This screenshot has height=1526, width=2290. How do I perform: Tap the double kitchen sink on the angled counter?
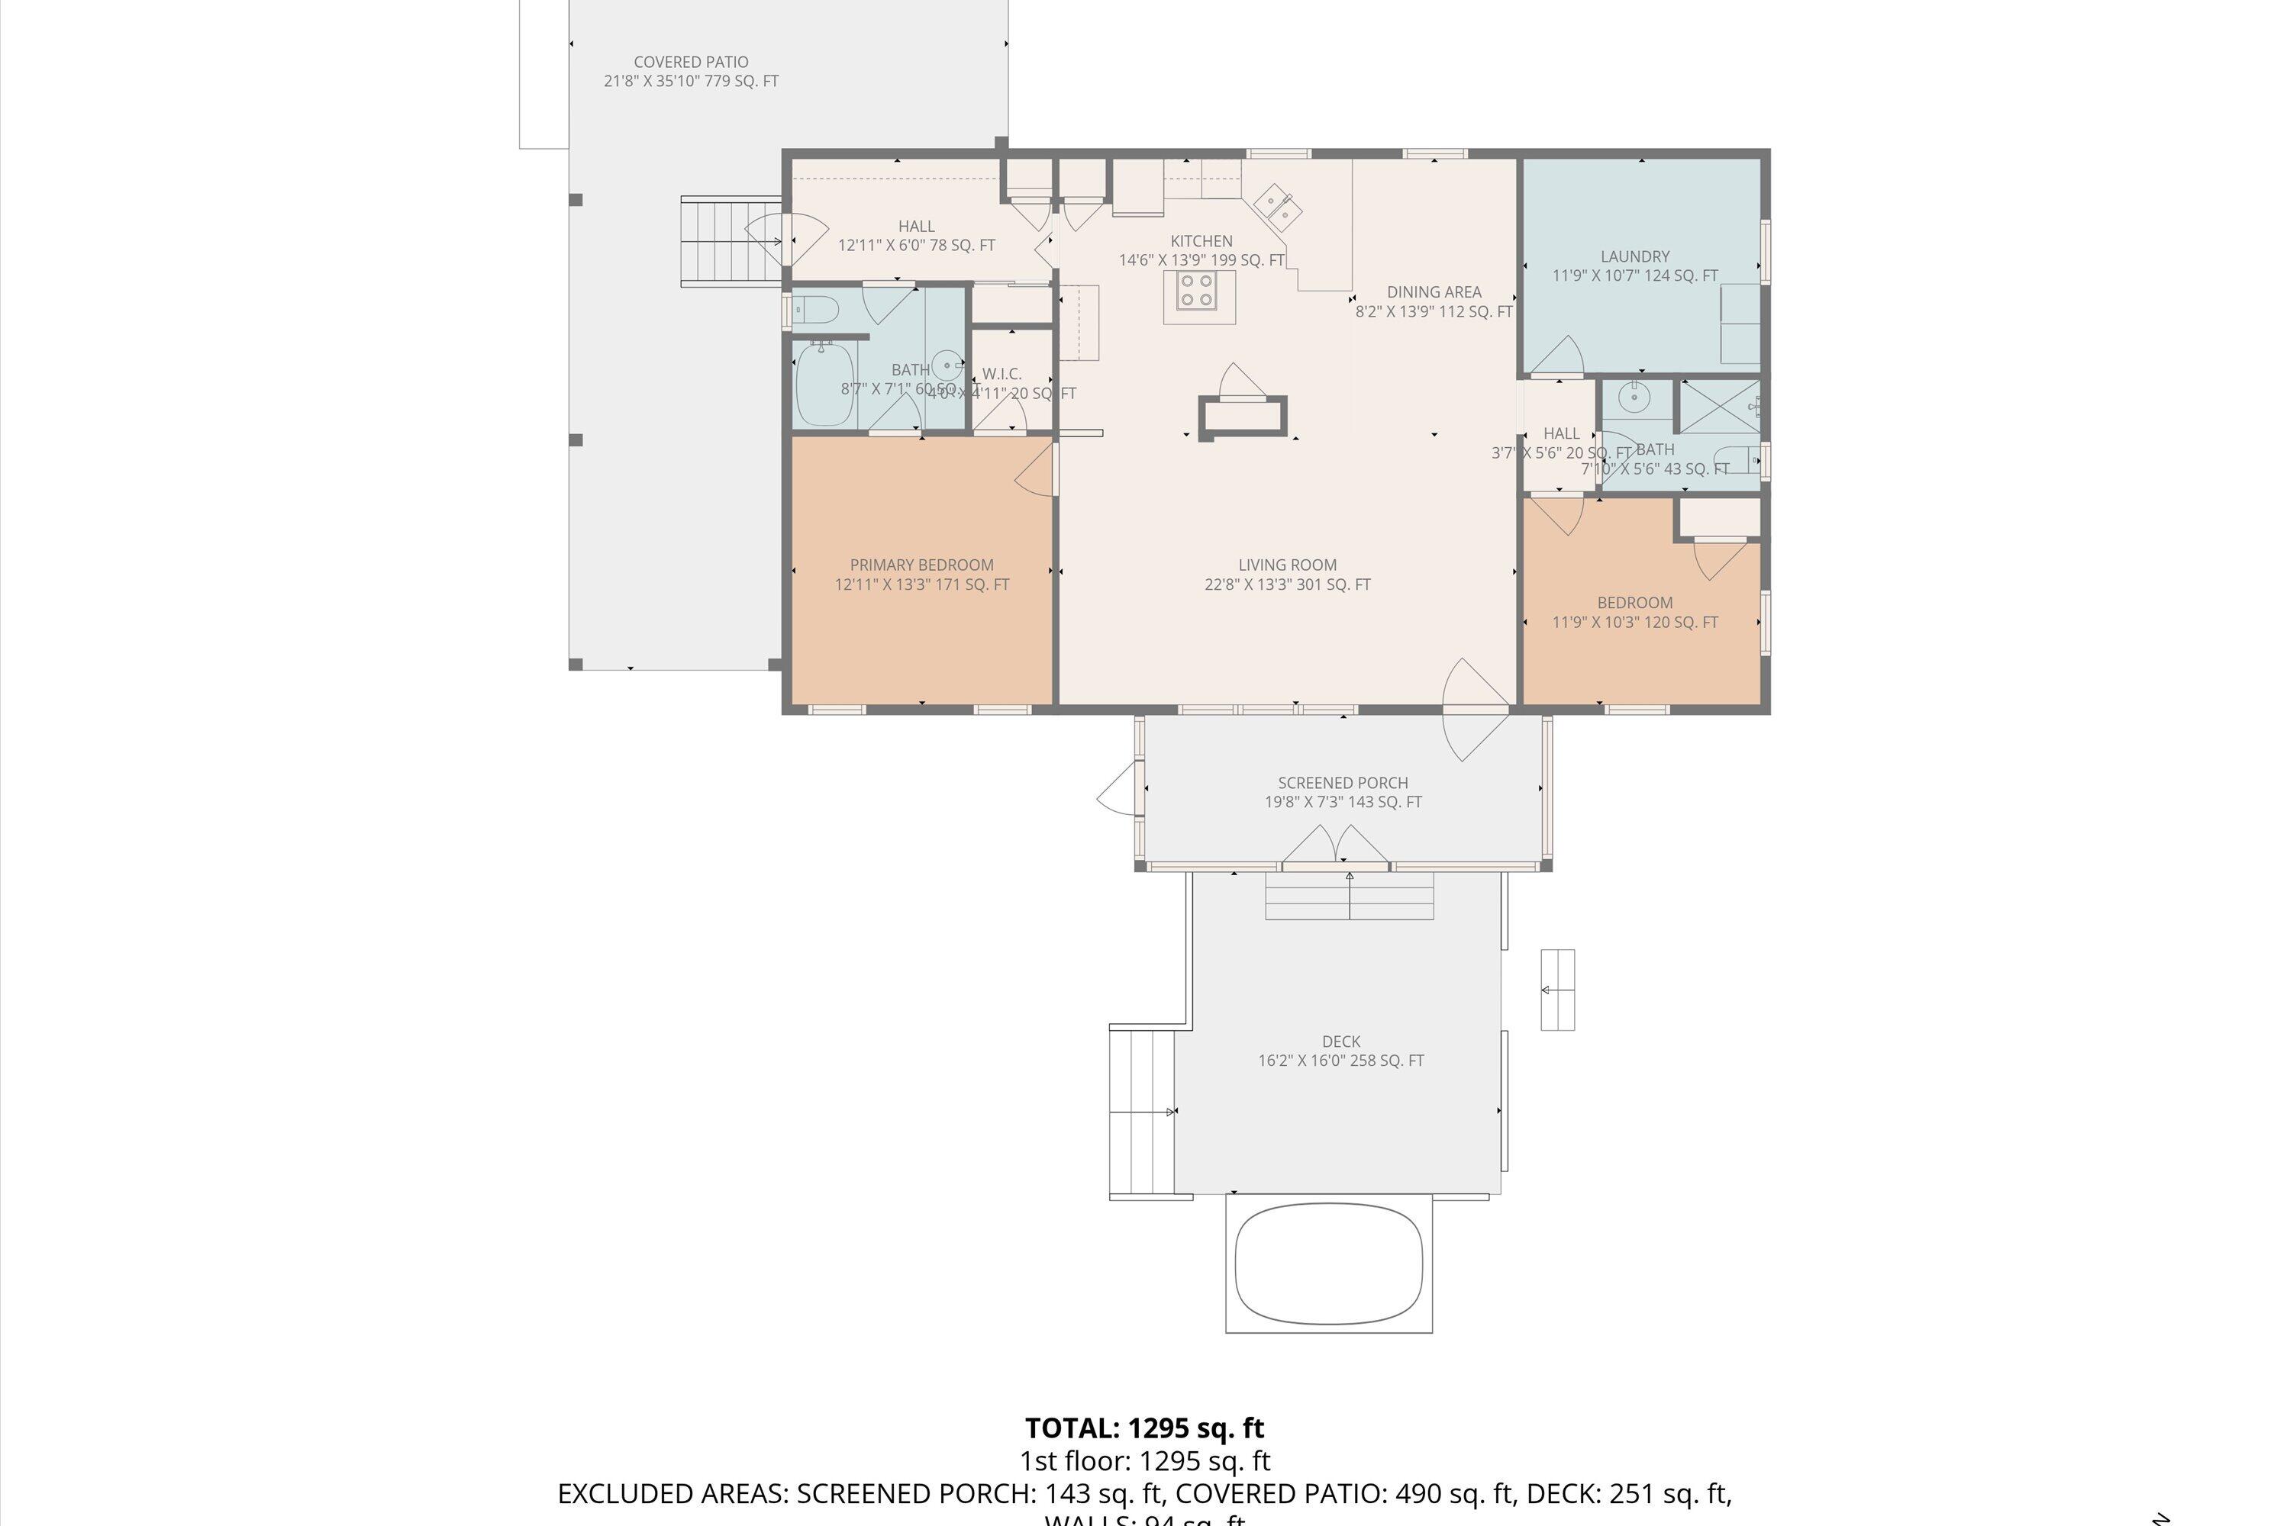click(1279, 206)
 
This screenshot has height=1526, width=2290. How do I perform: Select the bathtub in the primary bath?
click(824, 385)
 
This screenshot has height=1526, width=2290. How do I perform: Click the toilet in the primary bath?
click(816, 311)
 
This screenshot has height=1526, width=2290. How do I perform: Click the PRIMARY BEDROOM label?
click(921, 565)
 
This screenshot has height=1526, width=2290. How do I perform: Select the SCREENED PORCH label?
click(1343, 783)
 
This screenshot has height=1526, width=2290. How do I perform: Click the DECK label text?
click(1340, 1041)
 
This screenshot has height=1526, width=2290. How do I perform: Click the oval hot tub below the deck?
click(1329, 1262)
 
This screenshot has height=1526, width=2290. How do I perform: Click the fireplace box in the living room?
click(1243, 417)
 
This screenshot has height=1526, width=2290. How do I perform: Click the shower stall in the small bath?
click(1720, 406)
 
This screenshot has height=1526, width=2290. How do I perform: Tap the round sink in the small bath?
click(1632, 396)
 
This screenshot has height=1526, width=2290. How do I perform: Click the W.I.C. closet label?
click(1001, 374)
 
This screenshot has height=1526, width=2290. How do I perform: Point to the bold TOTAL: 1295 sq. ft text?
click(1144, 1428)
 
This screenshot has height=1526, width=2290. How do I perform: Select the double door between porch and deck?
click(1335, 847)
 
